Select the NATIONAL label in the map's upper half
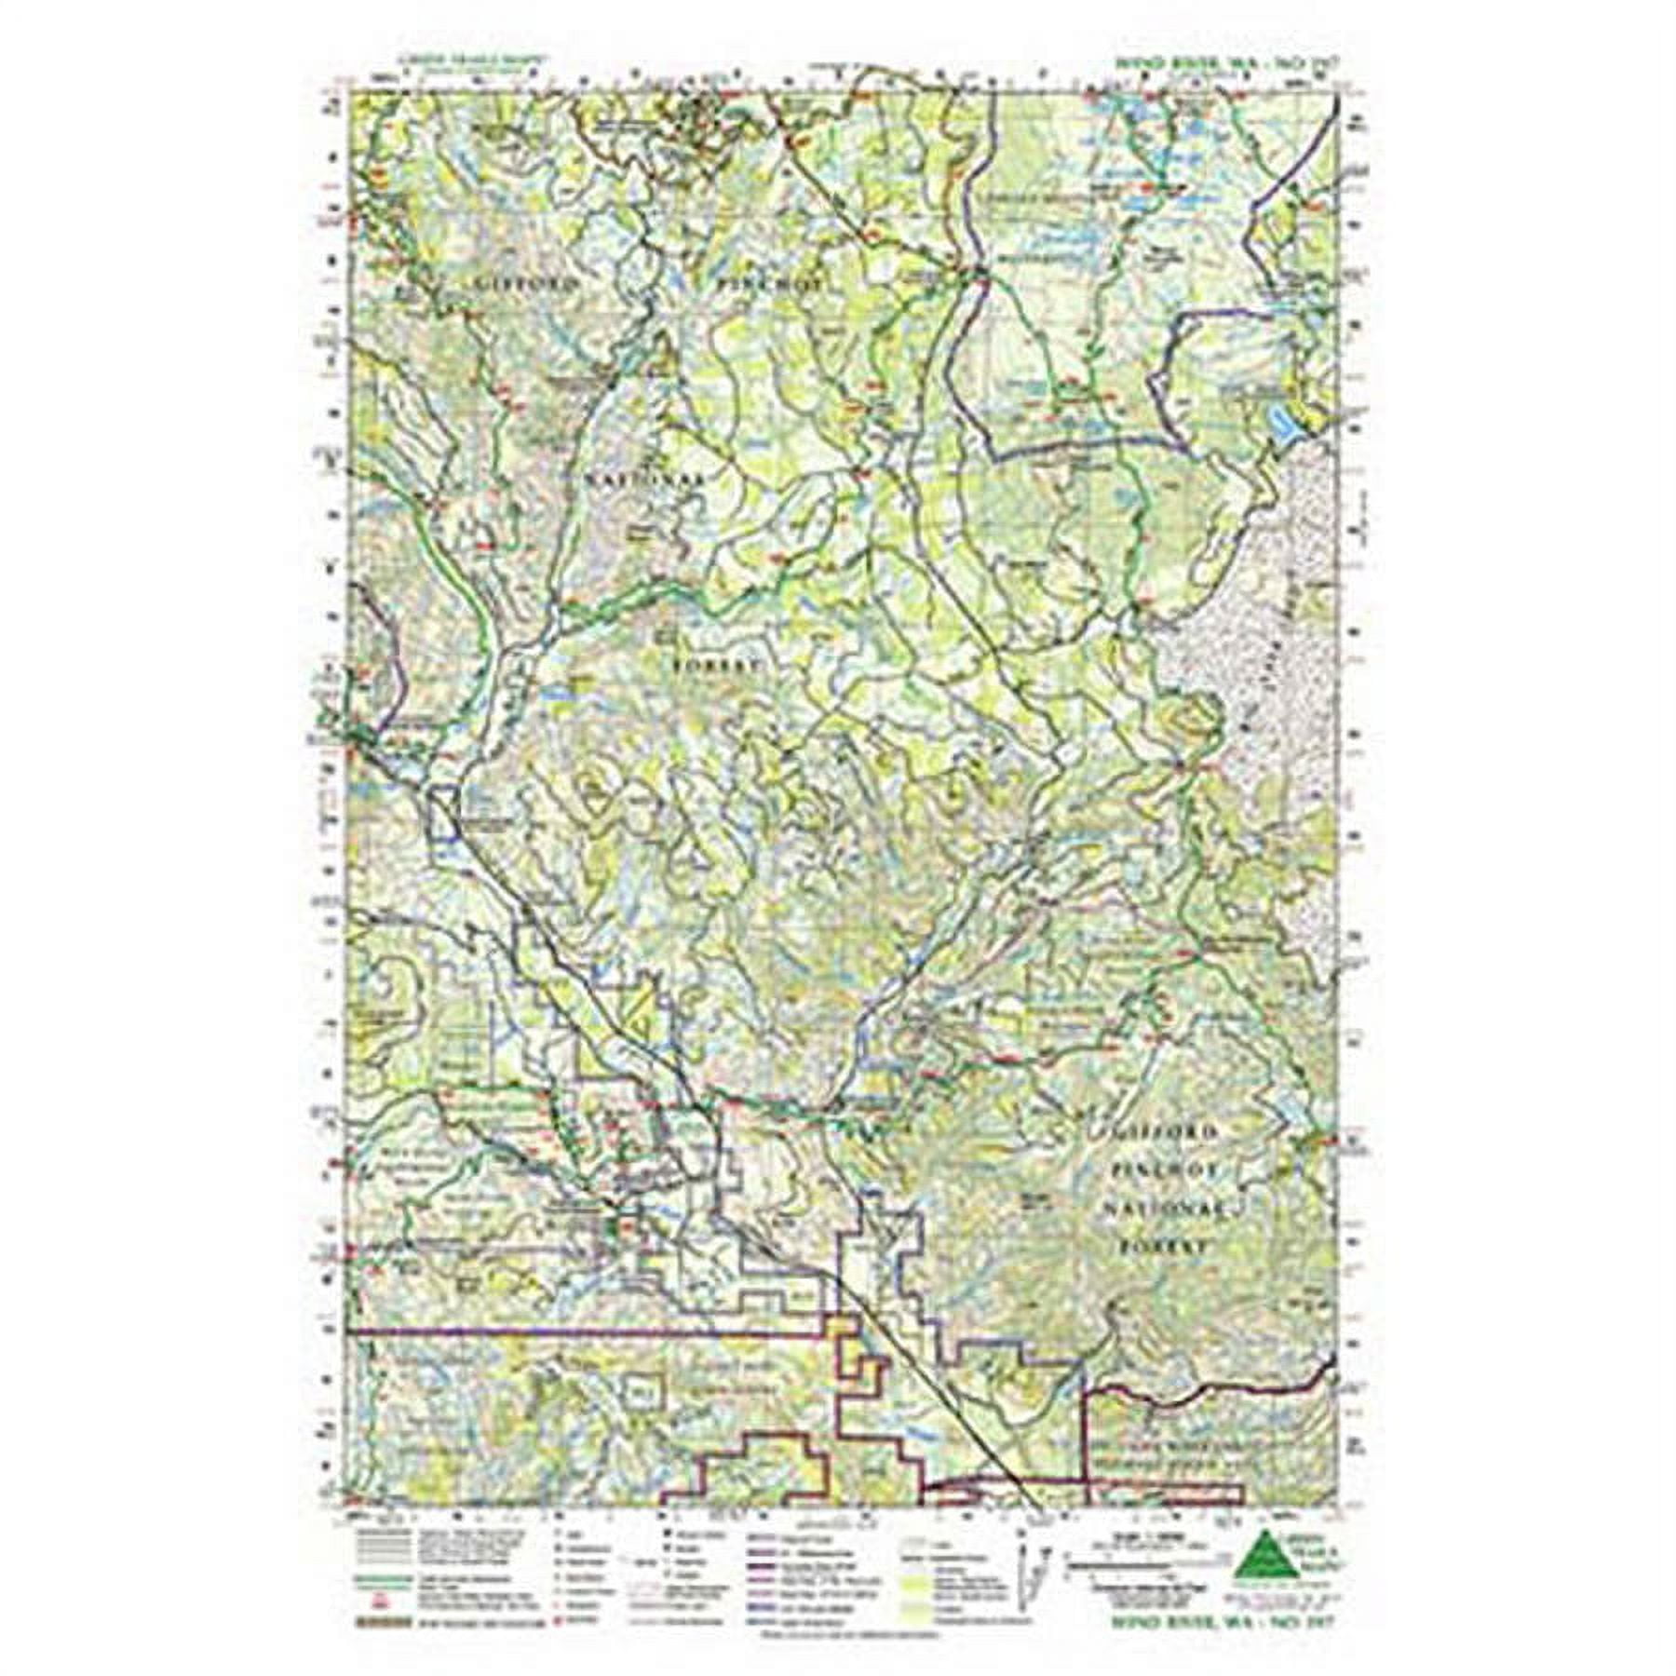click(644, 477)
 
